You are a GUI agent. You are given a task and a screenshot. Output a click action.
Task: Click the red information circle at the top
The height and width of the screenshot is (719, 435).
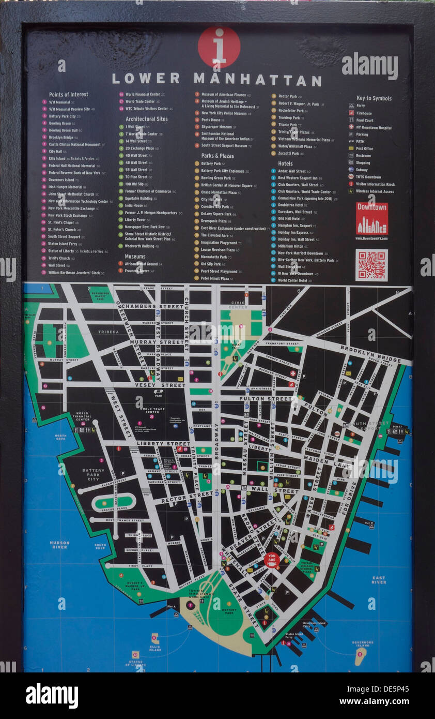click(x=219, y=47)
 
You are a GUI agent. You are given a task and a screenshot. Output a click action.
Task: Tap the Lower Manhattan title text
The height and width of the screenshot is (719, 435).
click(x=216, y=79)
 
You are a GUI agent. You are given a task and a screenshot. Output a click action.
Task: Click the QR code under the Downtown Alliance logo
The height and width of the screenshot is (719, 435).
click(x=371, y=265)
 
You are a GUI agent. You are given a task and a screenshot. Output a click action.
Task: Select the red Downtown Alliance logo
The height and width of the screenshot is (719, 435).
click(x=371, y=218)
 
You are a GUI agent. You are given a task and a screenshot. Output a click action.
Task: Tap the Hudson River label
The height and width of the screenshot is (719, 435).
click(x=59, y=545)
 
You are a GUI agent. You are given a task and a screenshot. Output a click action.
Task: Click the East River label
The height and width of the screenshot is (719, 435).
click(x=379, y=580)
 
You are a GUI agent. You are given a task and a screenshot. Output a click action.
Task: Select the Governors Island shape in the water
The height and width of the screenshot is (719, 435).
click(x=360, y=656)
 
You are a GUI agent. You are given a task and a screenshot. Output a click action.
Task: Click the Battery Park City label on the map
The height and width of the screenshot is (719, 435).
click(x=93, y=475)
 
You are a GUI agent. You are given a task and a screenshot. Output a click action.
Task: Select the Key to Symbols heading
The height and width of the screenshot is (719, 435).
click(x=374, y=98)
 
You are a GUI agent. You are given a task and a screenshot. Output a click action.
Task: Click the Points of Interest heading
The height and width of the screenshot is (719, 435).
click(x=68, y=95)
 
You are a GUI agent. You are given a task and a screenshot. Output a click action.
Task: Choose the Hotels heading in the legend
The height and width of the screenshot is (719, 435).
click(x=285, y=163)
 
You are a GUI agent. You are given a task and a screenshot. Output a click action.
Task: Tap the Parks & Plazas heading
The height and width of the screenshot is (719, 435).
click(x=217, y=156)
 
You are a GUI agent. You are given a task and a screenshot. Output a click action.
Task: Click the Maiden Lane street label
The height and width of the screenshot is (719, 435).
click(x=335, y=458)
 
